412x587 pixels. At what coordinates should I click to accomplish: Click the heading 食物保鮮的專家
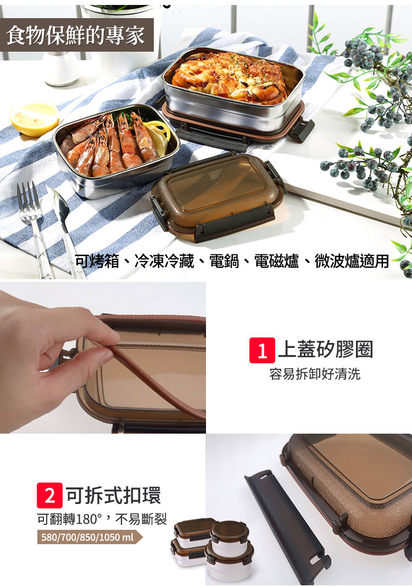click(76, 36)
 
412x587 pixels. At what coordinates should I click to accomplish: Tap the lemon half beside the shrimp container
click(35, 119)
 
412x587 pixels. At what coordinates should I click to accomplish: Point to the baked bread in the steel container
click(230, 77)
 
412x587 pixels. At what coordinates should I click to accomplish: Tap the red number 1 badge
click(262, 351)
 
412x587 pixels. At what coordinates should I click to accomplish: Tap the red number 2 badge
click(49, 495)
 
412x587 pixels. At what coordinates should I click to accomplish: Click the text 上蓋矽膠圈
click(326, 349)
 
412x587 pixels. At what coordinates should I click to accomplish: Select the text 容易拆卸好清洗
click(315, 374)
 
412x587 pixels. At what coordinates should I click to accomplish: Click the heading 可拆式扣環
click(113, 495)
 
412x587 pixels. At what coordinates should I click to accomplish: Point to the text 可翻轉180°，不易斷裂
click(102, 519)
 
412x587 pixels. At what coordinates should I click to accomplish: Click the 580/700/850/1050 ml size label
click(87, 537)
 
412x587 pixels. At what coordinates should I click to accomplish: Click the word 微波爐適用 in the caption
click(352, 261)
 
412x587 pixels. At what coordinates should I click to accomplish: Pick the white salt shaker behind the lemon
click(62, 69)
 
